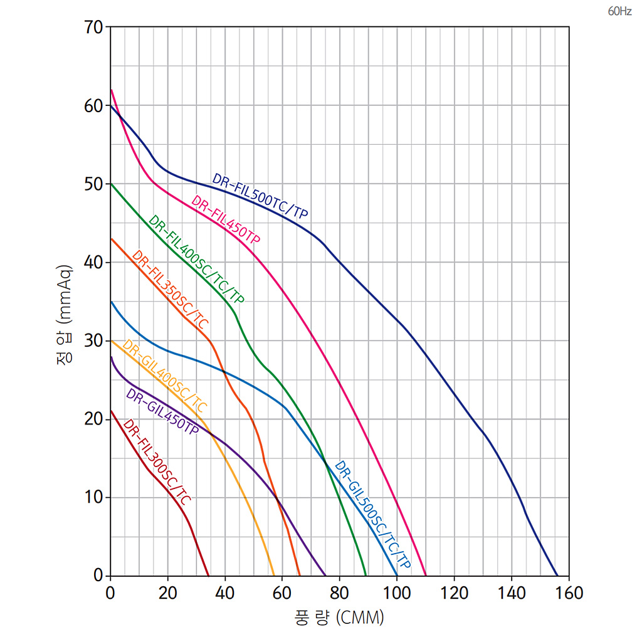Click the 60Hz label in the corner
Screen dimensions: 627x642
pyautogui.click(x=619, y=12)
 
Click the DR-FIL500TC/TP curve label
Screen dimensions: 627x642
pyautogui.click(x=260, y=196)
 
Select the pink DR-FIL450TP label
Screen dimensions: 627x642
pyautogui.click(x=226, y=221)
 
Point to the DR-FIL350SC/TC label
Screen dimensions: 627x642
pyautogui.click(x=171, y=290)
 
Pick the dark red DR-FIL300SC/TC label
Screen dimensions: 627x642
pyautogui.click(x=157, y=462)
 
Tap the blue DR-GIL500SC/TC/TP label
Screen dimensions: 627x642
pyautogui.click(x=372, y=516)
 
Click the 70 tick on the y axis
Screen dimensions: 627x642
pyautogui.click(x=93, y=28)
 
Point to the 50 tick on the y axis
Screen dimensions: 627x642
pyautogui.click(x=93, y=184)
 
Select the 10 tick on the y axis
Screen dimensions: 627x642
pyautogui.click(x=93, y=497)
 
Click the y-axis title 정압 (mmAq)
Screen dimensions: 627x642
pyautogui.click(x=65, y=314)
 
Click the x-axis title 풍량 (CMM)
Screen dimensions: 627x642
pyautogui.click(x=339, y=617)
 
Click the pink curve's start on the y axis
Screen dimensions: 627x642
pyautogui.click(x=111, y=90)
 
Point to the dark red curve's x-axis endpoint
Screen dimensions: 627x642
pyautogui.click(x=209, y=575)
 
